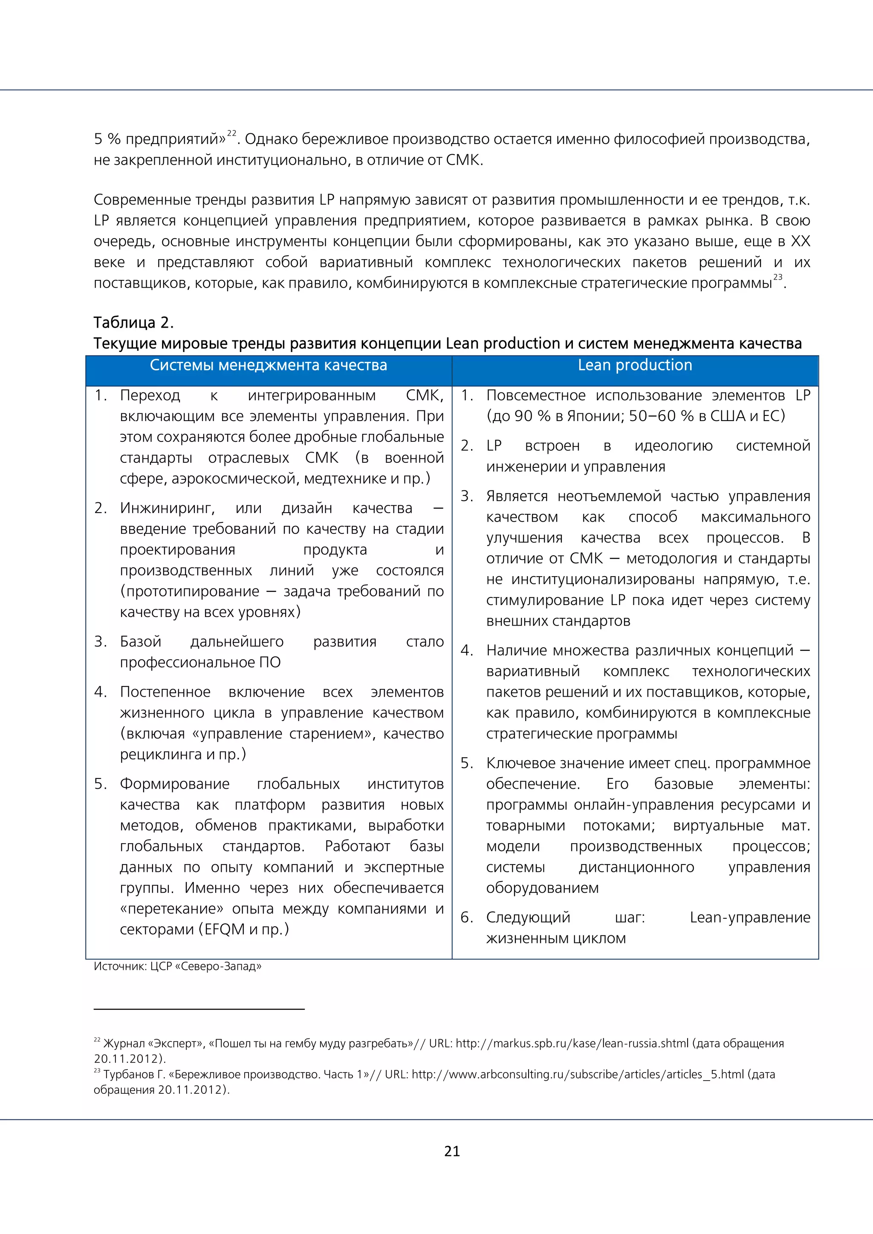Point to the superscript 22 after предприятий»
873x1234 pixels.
[x=232, y=133]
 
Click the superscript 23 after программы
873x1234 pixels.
[x=778, y=277]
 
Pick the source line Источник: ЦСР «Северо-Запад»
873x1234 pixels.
[x=177, y=966]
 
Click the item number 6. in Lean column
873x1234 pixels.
[x=467, y=917]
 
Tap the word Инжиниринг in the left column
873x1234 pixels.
[x=167, y=508]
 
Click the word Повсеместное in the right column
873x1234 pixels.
[x=535, y=395]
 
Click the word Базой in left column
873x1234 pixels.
[x=140, y=641]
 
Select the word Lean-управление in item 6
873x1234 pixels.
[x=750, y=917]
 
